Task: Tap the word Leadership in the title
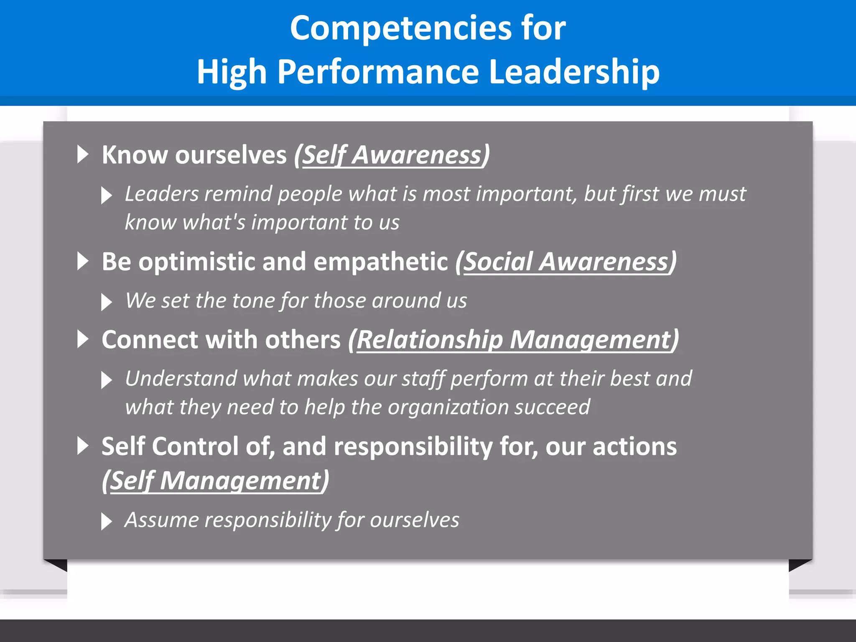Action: point(574,72)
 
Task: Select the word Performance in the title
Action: point(378,72)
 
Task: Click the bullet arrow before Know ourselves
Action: point(83,155)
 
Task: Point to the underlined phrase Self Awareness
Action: point(392,155)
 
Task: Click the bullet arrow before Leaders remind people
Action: point(107,195)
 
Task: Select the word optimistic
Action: point(197,262)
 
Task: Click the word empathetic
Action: point(380,262)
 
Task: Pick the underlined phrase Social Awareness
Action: point(566,262)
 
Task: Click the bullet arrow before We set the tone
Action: point(107,302)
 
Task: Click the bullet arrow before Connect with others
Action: point(83,339)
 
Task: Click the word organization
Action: point(447,408)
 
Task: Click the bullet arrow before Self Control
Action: point(83,446)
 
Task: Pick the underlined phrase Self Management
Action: point(215,481)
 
